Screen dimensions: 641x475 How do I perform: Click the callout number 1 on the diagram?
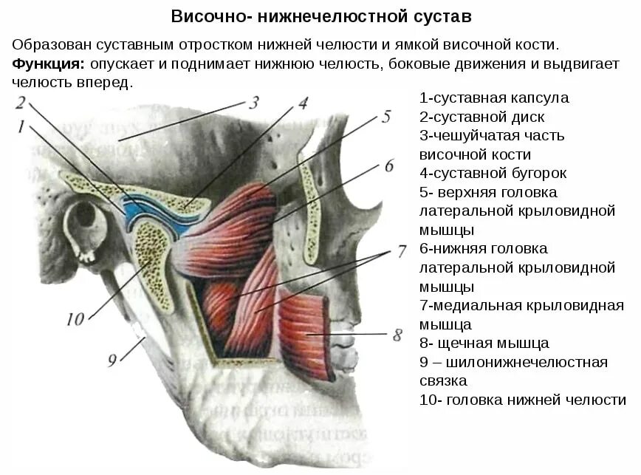21,127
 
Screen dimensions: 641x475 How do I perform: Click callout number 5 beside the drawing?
385,117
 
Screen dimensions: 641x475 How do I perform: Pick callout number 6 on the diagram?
389,165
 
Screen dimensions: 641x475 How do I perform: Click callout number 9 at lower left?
112,360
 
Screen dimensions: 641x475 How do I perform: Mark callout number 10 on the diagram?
75,319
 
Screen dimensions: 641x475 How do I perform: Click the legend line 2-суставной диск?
481,117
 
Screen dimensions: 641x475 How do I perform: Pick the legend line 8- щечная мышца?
484,343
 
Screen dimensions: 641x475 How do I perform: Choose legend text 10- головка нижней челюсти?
522,400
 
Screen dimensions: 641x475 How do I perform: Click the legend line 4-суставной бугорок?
493,174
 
